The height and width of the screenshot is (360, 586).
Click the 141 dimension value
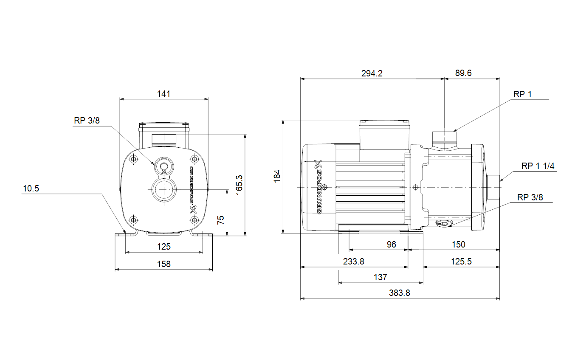[x=163, y=94]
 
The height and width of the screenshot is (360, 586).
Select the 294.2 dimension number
[x=372, y=73]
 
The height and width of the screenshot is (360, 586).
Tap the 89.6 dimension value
[x=463, y=73]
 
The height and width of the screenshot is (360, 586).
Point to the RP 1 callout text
[x=522, y=94]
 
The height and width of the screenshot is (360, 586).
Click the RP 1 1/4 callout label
[x=538, y=166]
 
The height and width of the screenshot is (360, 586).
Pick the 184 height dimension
[x=277, y=176]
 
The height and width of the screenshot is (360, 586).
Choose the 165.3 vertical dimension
[x=239, y=185]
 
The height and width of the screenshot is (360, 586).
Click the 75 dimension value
[x=220, y=220]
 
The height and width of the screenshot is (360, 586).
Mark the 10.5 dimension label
[x=31, y=188]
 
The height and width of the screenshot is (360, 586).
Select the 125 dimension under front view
[x=164, y=247]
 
